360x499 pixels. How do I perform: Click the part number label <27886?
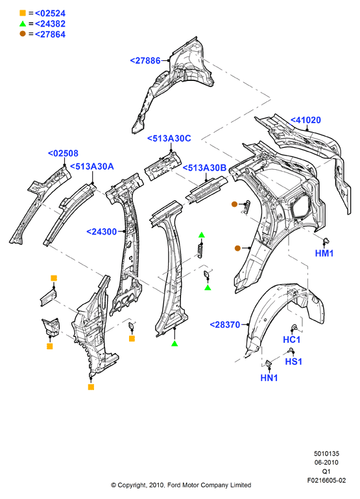(145, 60)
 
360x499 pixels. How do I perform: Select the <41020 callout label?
(306, 120)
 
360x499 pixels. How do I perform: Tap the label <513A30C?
(169, 139)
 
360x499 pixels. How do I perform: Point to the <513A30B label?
(204, 168)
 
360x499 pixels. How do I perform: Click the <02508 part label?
(63, 154)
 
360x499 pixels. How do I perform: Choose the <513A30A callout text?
(91, 167)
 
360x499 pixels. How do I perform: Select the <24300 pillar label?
(102, 232)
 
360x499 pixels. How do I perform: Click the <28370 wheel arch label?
(225, 325)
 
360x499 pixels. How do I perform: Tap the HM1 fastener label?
(324, 253)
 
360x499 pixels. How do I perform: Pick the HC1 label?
(292, 340)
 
